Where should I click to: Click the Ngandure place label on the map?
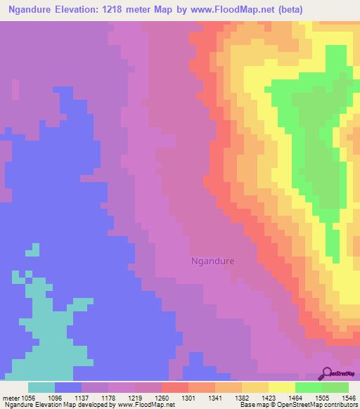pyautogui.click(x=213, y=261)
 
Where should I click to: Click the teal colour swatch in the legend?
pyautogui.click(x=41, y=387)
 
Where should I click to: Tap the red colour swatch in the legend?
pyautogui.click(x=174, y=387)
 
